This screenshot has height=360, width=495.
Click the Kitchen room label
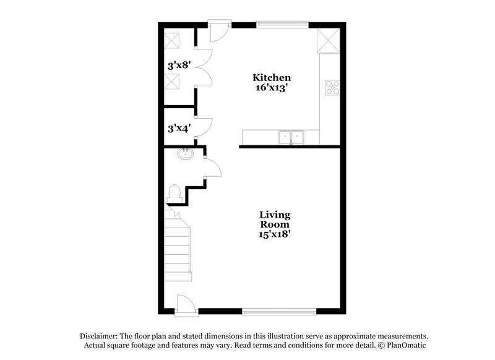point(271,78)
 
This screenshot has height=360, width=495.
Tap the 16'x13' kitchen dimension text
point(271,88)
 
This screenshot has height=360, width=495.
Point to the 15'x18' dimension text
point(275,234)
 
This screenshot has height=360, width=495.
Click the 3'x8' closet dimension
point(178,64)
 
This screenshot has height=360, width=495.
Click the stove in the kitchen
point(333,87)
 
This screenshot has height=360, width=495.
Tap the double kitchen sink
point(291,136)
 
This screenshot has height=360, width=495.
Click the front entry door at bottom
point(185,304)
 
